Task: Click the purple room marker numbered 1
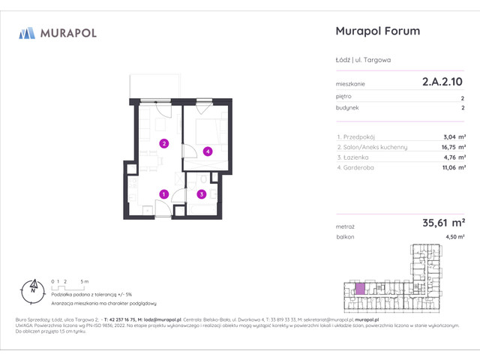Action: click(163, 194)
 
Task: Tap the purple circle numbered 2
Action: click(163, 144)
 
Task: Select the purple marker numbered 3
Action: click(201, 194)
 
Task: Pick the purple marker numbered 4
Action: click(208, 151)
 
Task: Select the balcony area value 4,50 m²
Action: click(454, 237)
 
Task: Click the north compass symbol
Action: click(31, 286)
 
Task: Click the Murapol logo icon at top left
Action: click(27, 33)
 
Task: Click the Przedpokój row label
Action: click(357, 136)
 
